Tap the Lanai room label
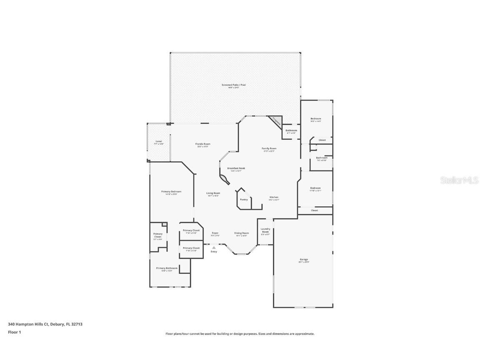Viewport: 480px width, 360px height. click(x=159, y=142)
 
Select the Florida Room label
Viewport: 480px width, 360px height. click(x=202, y=144)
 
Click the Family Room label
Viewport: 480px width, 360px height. click(x=269, y=149)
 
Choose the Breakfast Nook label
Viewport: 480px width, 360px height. click(x=236, y=168)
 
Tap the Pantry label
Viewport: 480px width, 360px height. click(x=244, y=200)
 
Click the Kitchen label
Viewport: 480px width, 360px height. click(x=273, y=197)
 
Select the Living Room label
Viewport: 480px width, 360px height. click(x=213, y=193)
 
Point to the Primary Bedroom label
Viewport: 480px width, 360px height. click(x=171, y=192)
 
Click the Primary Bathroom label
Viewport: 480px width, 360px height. click(x=167, y=268)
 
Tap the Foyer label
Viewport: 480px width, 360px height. click(x=215, y=233)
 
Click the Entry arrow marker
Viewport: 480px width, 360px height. click(x=214, y=247)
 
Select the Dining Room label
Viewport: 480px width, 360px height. click(x=241, y=233)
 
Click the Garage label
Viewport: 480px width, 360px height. click(x=303, y=260)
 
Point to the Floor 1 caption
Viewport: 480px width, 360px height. click(x=14, y=332)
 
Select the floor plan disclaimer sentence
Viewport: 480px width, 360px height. click(x=240, y=334)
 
